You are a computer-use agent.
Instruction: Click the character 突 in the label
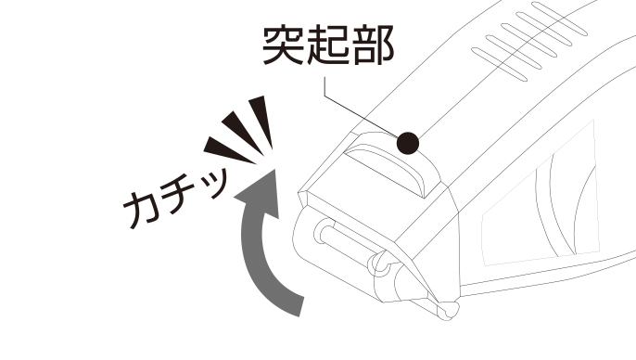click(283, 45)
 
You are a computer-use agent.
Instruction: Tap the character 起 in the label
click(328, 45)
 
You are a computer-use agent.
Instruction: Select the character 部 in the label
click(374, 45)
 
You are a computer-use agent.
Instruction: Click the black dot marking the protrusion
click(408, 143)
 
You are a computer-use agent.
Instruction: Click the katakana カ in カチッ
click(139, 209)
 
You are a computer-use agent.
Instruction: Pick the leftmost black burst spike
click(228, 149)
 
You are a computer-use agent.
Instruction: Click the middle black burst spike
click(243, 132)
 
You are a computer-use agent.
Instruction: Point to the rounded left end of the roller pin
click(322, 232)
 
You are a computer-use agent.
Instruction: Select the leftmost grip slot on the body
click(499, 64)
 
